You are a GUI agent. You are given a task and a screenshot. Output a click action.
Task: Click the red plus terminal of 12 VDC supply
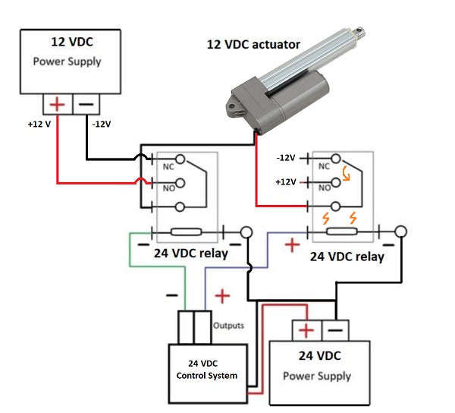pos(57,103)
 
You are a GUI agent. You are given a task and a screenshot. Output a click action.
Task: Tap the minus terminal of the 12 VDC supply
pos(86,103)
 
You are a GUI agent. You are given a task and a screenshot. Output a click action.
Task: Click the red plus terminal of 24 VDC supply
pos(306,330)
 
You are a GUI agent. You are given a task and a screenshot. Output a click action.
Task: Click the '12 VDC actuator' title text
pos(253,45)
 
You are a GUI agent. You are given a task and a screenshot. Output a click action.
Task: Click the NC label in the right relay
pos(325,165)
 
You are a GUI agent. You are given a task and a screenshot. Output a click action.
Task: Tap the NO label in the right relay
pos(325,186)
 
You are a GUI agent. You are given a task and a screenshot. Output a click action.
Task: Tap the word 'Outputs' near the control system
pos(228,326)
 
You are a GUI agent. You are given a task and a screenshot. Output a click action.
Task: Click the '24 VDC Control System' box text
pos(206,368)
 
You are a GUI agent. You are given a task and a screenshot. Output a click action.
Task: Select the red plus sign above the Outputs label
pos(221,295)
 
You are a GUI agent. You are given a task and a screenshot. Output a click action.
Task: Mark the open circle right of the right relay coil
pos(401,232)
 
